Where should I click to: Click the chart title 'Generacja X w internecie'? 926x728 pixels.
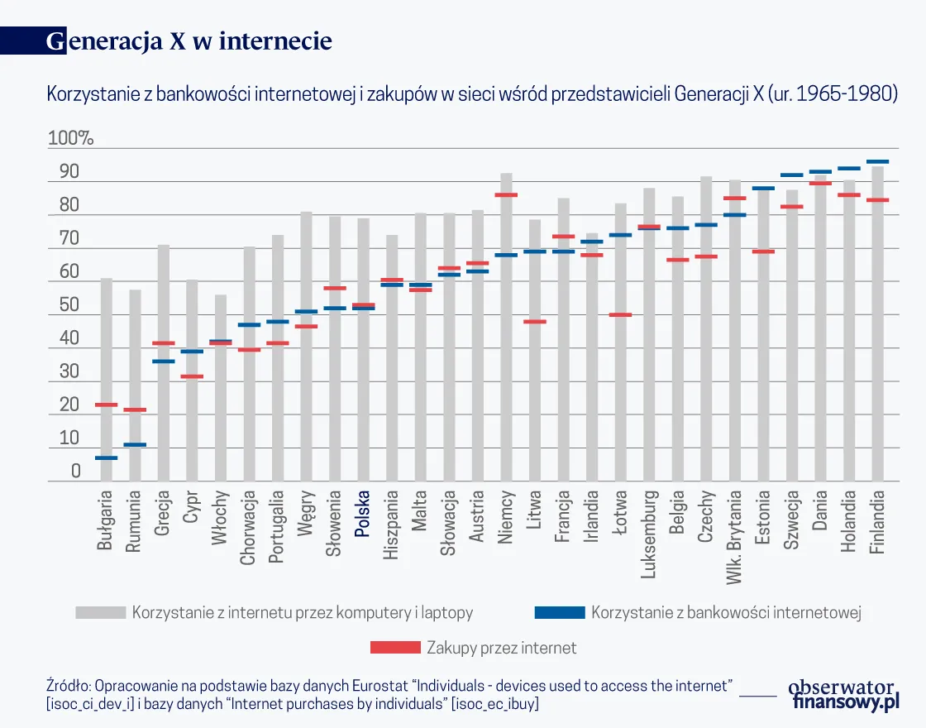pos(189,41)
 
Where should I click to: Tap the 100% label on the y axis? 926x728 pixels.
pos(70,138)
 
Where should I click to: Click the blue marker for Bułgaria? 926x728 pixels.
pos(106,457)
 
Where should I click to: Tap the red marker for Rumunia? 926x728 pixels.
pos(135,409)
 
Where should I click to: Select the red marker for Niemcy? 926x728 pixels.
pos(506,195)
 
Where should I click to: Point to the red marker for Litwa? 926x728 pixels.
pos(535,321)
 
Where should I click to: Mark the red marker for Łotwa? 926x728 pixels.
pos(620,314)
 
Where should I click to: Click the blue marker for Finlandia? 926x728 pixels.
pos(877,161)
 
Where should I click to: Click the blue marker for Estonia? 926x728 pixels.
pos(763,189)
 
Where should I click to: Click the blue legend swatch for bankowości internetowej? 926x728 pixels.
pos(560,613)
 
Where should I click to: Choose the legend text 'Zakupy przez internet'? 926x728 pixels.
pos(501,648)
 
